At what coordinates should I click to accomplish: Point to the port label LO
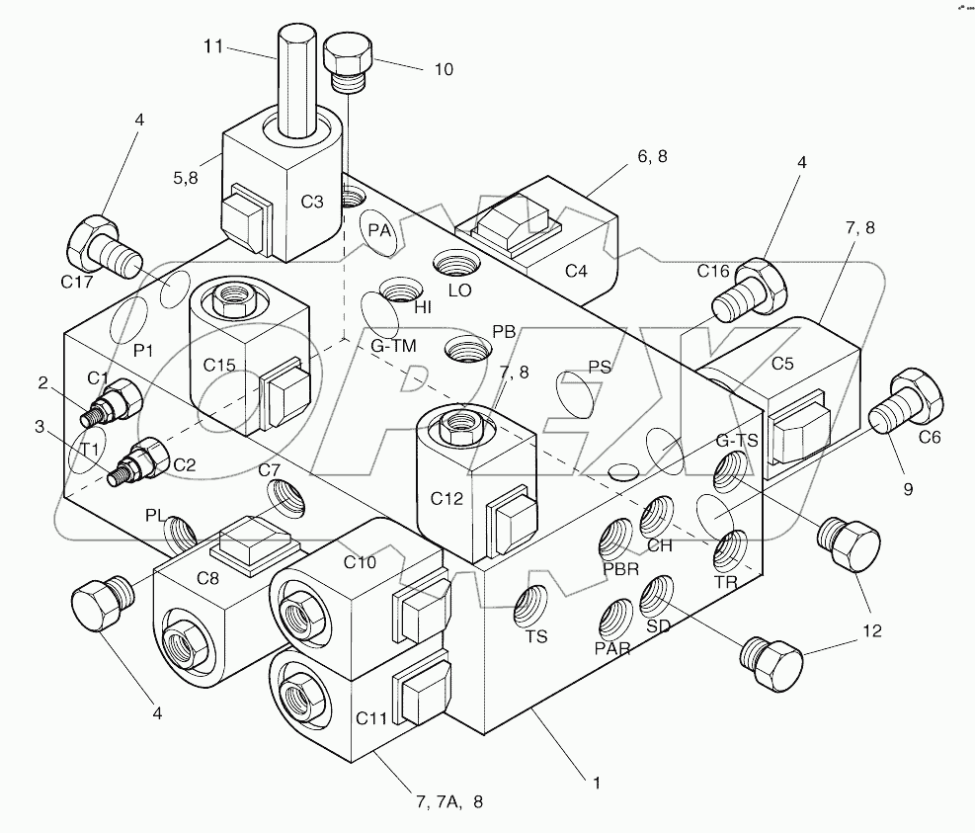click(x=460, y=291)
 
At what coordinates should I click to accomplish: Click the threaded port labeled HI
click(x=400, y=293)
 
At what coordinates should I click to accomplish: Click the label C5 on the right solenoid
click(x=782, y=363)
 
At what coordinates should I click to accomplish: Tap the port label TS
click(x=535, y=638)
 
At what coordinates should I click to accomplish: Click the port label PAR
click(x=613, y=649)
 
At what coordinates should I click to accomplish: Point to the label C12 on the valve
click(x=447, y=499)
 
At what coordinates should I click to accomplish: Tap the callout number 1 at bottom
click(x=596, y=783)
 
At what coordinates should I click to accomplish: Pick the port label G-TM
click(x=393, y=346)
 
